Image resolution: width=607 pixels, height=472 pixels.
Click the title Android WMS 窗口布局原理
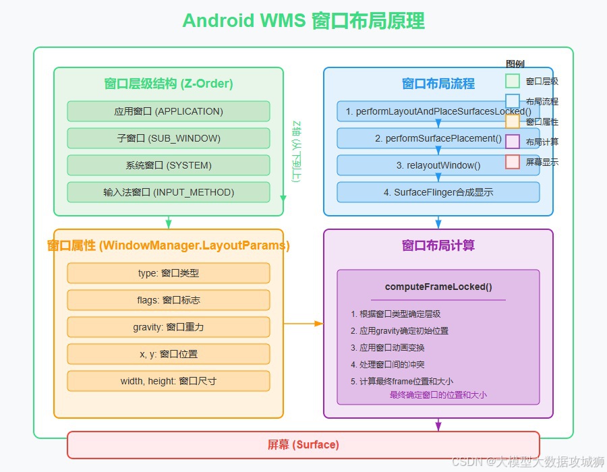coord(303,20)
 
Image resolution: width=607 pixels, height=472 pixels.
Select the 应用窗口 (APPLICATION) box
coord(169,111)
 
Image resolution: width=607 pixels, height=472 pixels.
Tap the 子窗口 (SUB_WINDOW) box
coord(169,138)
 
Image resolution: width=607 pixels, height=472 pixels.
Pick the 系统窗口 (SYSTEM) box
coord(169,165)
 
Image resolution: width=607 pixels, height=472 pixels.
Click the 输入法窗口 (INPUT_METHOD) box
coord(169,192)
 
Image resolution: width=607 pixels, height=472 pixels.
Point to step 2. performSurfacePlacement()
coord(438,138)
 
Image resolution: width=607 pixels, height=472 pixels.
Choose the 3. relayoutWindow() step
coord(438,165)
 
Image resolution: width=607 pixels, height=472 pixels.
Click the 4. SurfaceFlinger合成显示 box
coord(438,192)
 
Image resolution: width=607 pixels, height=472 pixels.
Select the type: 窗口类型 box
coord(169,273)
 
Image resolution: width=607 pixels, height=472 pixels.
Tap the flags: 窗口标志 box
coord(169,300)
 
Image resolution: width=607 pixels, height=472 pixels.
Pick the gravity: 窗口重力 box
coord(169,327)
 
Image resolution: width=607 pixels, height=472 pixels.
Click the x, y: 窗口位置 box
coord(169,354)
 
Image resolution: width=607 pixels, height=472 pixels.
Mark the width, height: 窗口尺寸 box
coord(169,381)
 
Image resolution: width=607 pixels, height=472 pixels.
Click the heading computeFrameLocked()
coord(438,287)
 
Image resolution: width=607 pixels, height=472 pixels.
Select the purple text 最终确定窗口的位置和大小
coord(438,394)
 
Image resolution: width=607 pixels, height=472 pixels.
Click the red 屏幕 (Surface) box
coord(303,445)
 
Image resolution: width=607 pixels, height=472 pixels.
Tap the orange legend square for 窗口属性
coord(513,121)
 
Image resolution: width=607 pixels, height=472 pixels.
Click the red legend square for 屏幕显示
coord(513,162)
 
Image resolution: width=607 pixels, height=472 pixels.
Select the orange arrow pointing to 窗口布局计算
coord(303,324)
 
